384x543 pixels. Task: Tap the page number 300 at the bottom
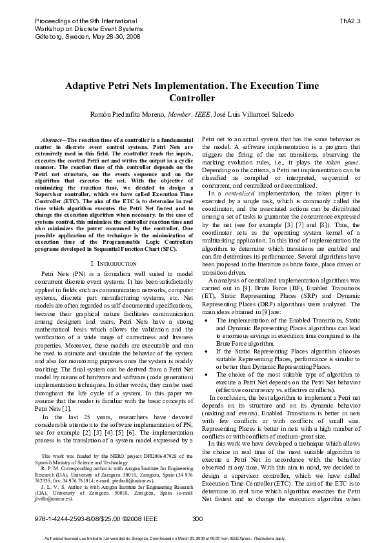197,518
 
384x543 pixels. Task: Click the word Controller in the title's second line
192,99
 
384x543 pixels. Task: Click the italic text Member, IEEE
188,114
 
